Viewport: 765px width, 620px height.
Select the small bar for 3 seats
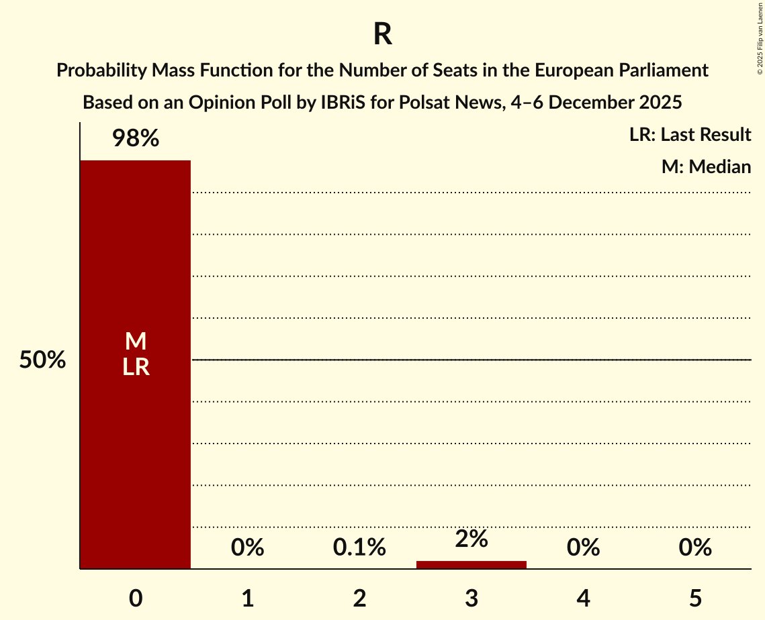(x=471, y=564)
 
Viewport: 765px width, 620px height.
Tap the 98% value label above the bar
(x=135, y=139)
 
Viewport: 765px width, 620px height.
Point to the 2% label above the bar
(x=471, y=539)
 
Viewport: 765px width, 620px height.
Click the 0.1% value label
(x=359, y=548)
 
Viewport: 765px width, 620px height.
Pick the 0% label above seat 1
(x=247, y=548)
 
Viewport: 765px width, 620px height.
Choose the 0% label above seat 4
(x=583, y=548)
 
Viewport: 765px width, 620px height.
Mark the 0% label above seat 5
(x=694, y=548)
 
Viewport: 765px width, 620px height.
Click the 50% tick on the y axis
(x=42, y=360)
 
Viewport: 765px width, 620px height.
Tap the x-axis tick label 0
(x=135, y=598)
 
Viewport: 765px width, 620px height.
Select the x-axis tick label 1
(x=247, y=598)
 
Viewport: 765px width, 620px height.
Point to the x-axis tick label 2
(x=359, y=598)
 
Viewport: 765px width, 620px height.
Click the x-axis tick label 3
(x=471, y=598)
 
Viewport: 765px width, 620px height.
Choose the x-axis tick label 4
(x=583, y=598)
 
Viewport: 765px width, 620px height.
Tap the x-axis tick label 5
(x=694, y=598)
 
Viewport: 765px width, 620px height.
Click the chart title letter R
(x=382, y=35)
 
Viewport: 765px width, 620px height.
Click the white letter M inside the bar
(x=135, y=342)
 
